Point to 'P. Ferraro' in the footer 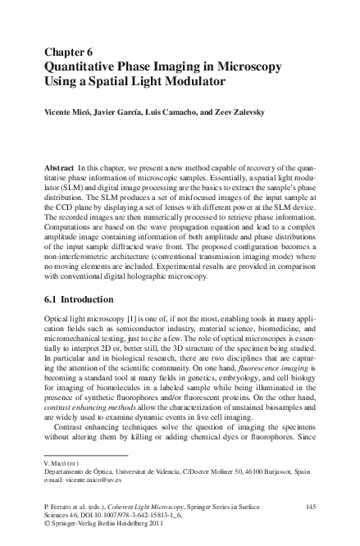62,507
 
